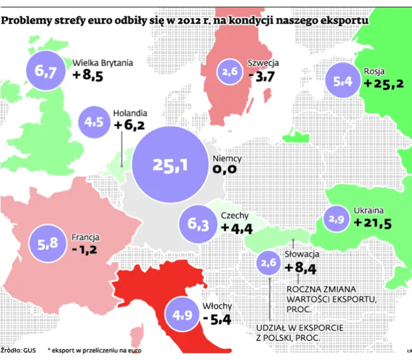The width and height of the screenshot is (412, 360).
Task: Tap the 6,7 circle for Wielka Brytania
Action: [45, 72]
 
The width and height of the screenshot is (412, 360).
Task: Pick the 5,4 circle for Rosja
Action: [343, 83]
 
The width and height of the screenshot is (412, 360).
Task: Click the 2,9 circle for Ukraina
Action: [336, 219]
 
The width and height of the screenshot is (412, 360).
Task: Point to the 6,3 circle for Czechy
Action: [198, 224]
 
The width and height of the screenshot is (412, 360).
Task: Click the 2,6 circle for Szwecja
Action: [231, 72]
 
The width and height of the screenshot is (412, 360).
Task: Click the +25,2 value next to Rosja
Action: [384, 83]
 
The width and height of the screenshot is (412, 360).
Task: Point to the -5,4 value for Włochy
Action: [216, 319]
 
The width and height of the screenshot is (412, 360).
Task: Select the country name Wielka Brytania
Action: [102, 62]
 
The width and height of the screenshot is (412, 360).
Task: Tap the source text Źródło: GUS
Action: [18, 351]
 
